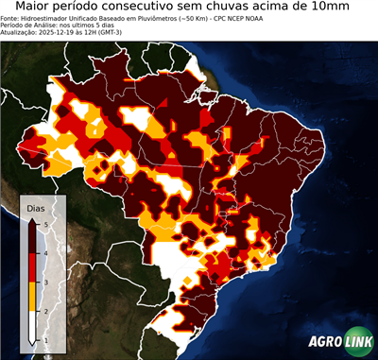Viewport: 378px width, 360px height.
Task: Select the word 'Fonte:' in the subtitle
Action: tap(11, 18)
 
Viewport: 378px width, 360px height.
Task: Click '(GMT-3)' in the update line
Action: tap(110, 32)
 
